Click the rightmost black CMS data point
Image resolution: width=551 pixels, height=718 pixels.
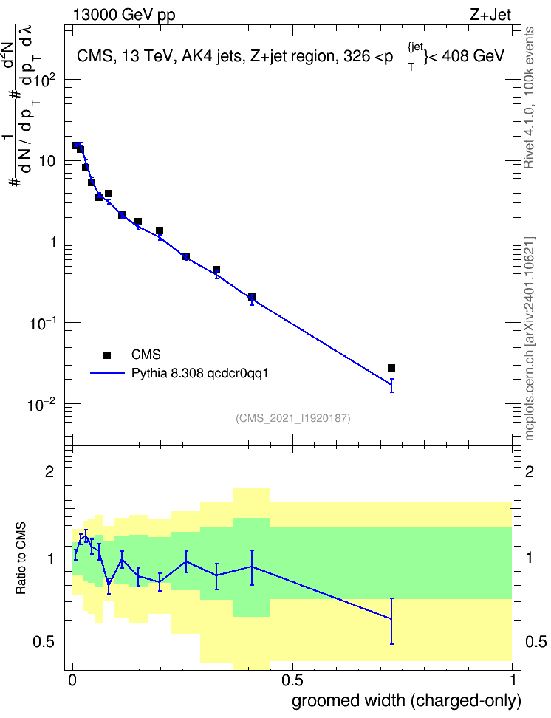coord(391,368)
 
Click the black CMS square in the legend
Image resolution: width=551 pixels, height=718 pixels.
coord(107,355)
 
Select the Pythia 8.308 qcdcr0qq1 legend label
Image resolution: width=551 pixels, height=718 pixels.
coord(199,374)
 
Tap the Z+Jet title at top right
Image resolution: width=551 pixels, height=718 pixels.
coord(490,15)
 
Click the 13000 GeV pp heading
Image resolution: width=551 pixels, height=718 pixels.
coord(124,15)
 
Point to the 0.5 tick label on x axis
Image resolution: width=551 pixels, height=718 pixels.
coord(292,680)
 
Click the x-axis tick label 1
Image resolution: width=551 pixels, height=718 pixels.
coord(512,680)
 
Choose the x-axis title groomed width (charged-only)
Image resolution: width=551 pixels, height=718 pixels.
coord(407,701)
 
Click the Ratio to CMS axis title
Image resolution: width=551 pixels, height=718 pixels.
coord(21,558)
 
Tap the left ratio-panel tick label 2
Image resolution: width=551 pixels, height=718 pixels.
coord(49,472)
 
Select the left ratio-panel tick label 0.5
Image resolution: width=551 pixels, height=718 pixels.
coord(44,643)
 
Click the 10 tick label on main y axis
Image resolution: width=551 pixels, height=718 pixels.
coord(47,161)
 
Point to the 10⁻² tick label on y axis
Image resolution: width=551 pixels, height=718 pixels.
coord(41,404)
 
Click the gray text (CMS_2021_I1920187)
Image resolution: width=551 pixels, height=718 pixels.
coord(293,418)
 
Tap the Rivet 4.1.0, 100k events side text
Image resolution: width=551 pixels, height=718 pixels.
coord(529,98)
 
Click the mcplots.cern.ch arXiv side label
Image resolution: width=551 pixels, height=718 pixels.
coord(530,338)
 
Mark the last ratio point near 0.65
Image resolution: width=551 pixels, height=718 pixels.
coord(391,618)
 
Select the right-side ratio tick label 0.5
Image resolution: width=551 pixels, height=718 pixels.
coord(536,643)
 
